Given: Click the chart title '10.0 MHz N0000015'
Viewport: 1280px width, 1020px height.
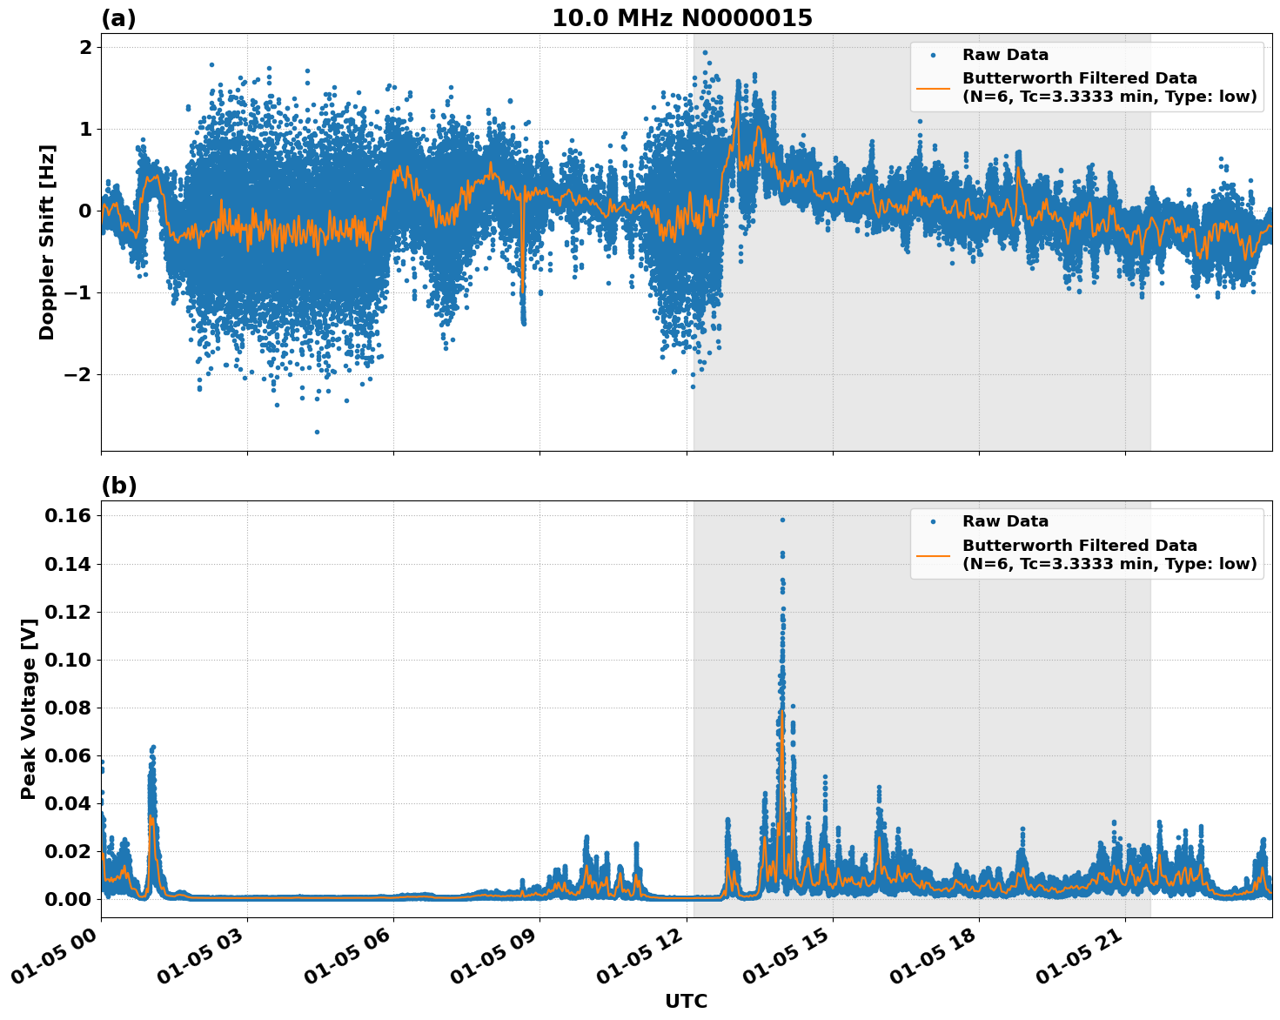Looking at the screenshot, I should (x=681, y=18).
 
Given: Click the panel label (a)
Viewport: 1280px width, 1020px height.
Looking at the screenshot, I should (x=118, y=18).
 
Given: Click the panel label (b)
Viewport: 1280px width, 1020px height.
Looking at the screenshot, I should (x=118, y=486).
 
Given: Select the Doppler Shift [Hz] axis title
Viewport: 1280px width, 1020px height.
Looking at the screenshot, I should (x=47, y=242).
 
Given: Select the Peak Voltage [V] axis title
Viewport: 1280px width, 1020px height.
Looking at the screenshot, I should (x=29, y=709).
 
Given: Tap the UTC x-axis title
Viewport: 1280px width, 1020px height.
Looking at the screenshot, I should (x=686, y=1001).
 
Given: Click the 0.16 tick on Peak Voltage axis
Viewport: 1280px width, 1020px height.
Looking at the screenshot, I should (x=67, y=516).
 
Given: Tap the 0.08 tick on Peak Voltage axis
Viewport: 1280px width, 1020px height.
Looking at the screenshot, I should (x=67, y=708).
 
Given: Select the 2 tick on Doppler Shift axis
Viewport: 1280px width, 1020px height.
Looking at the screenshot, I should (x=85, y=47).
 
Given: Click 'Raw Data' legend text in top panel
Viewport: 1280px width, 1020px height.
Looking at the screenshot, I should (x=1005, y=55).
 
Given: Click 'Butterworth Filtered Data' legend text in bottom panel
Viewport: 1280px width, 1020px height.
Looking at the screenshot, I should (x=1079, y=546).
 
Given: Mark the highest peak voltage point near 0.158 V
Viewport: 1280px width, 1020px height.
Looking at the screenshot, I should (x=782, y=520).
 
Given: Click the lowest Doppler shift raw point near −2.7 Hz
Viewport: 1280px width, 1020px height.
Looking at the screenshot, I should (x=317, y=432).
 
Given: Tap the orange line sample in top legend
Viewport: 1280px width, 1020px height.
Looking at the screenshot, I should (x=933, y=87).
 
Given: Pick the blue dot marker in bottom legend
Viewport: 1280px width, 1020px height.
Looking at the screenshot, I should (x=933, y=521).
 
